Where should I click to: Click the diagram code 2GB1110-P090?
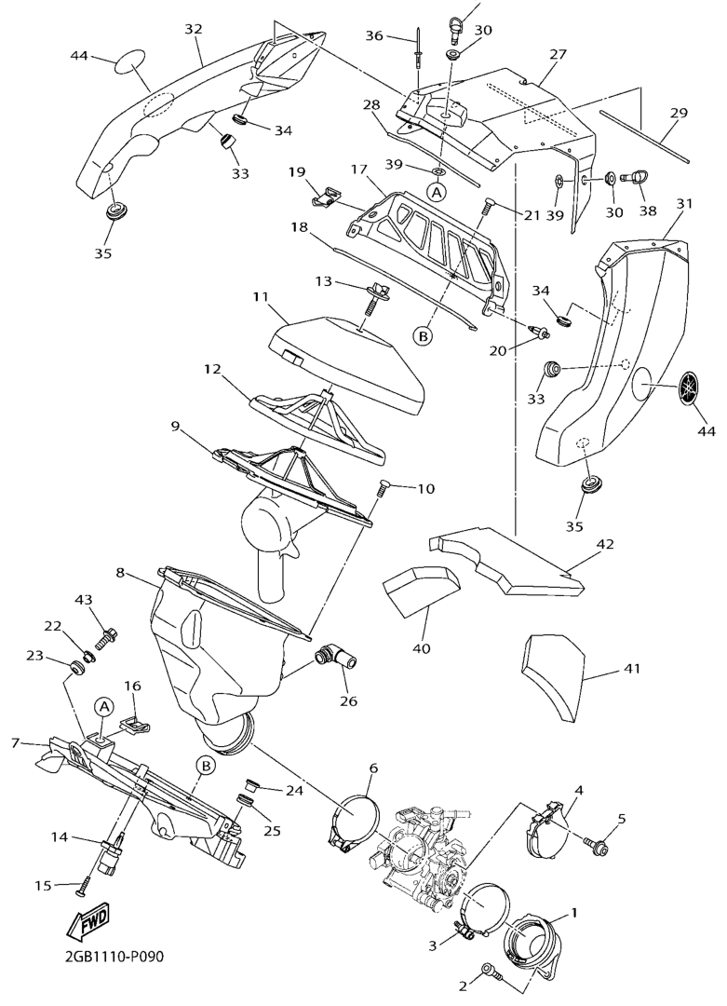tap(114, 957)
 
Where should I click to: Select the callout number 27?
tap(558, 54)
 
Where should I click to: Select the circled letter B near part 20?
tap(423, 334)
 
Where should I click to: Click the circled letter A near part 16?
tap(105, 706)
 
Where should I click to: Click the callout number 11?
tap(260, 298)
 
